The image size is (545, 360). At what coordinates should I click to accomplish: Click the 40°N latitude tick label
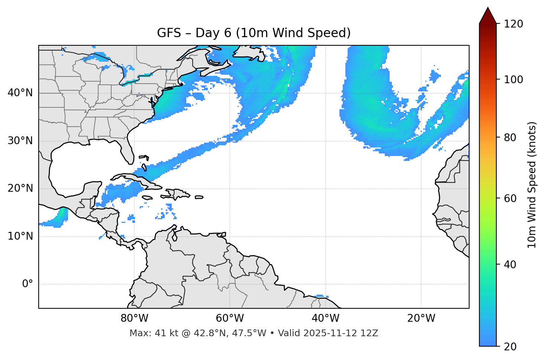coord(20,93)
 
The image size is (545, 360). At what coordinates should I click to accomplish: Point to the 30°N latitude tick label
coord(20,141)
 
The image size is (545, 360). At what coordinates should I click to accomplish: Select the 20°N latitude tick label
coord(20,188)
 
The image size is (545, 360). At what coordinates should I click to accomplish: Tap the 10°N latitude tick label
coord(20,236)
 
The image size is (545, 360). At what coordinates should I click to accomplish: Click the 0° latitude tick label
coord(28,284)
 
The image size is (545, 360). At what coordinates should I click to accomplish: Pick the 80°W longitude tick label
coord(134,318)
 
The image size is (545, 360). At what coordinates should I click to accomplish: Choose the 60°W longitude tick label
coord(230,318)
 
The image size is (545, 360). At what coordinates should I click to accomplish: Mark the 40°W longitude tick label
coord(325,318)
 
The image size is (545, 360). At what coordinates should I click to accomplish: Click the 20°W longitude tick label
coord(421,318)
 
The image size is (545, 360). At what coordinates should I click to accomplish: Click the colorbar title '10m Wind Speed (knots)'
coord(532,185)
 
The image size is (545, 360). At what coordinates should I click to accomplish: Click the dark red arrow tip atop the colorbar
coord(488,15)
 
